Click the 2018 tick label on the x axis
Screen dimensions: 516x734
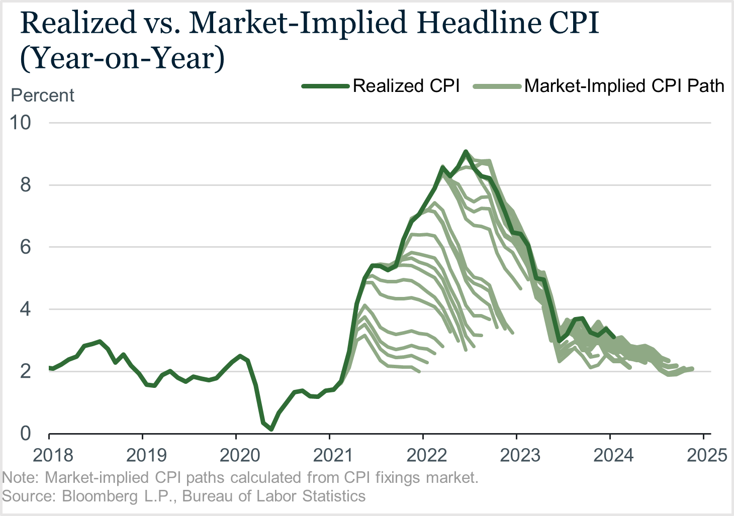[x=53, y=455]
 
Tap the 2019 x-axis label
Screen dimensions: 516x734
[x=146, y=455]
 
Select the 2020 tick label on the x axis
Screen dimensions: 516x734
[x=240, y=455]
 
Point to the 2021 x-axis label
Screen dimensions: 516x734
[x=333, y=455]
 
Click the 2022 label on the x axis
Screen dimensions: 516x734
[x=427, y=455]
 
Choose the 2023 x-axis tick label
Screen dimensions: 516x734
[x=520, y=455]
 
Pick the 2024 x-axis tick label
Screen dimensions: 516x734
[x=613, y=455]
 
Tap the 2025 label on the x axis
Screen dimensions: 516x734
[x=707, y=455]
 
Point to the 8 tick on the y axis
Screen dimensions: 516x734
[x=26, y=185]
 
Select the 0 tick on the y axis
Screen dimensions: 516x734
[x=26, y=434]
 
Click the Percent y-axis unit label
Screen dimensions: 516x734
[x=43, y=95]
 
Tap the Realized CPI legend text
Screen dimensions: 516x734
[x=406, y=86]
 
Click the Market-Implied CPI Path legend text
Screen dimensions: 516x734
[x=624, y=86]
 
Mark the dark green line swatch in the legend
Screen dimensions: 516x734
[x=325, y=86]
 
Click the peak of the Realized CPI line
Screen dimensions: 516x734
[x=466, y=151]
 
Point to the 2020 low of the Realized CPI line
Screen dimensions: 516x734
[x=271, y=429]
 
